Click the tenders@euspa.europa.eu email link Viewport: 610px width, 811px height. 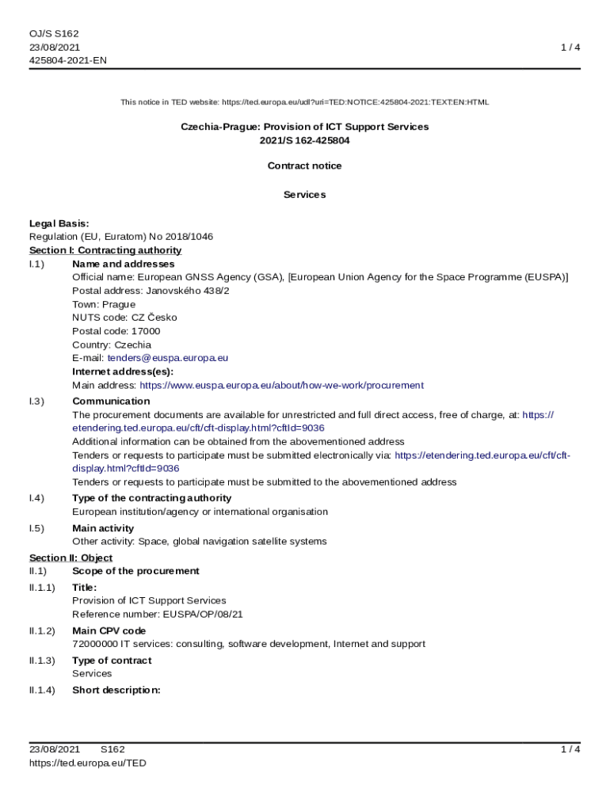click(x=167, y=358)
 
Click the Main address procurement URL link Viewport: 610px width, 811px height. click(x=281, y=386)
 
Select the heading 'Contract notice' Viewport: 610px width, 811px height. click(x=305, y=166)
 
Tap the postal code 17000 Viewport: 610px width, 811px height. click(x=146, y=331)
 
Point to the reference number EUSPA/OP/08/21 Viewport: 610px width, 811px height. click(x=203, y=614)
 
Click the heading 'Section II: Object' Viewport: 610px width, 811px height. click(x=71, y=558)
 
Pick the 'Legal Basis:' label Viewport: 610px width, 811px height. click(x=59, y=223)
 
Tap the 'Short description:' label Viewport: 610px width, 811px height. click(x=116, y=690)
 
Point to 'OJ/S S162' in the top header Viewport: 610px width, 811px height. click(x=54, y=34)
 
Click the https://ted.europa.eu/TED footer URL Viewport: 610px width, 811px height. click(x=88, y=763)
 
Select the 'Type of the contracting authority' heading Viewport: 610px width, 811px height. click(x=151, y=498)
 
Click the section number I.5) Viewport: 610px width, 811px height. click(x=37, y=528)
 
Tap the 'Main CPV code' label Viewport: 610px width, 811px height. click(x=109, y=631)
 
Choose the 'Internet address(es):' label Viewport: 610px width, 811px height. click(x=123, y=371)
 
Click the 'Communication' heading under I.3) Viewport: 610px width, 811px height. click(x=100, y=402)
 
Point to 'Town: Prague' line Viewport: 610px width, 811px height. click(x=104, y=304)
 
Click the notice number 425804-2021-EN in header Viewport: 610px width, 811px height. click(x=68, y=60)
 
